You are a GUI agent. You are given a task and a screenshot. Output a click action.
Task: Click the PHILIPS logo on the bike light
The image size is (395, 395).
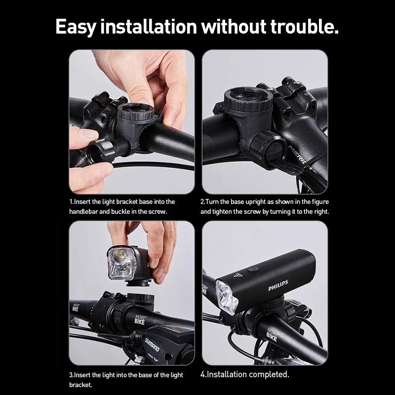[x=278, y=288]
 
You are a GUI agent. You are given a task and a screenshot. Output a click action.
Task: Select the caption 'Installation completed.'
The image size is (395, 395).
[x=245, y=374]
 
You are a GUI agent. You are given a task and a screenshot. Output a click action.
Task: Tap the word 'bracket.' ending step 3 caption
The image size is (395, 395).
[x=80, y=384]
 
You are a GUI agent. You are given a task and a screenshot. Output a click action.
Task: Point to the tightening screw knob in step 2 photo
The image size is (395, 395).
[x=266, y=148]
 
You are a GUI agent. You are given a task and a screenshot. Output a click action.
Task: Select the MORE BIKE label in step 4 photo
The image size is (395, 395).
[x=272, y=334]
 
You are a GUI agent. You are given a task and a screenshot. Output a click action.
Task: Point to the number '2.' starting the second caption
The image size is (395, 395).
[x=202, y=202]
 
